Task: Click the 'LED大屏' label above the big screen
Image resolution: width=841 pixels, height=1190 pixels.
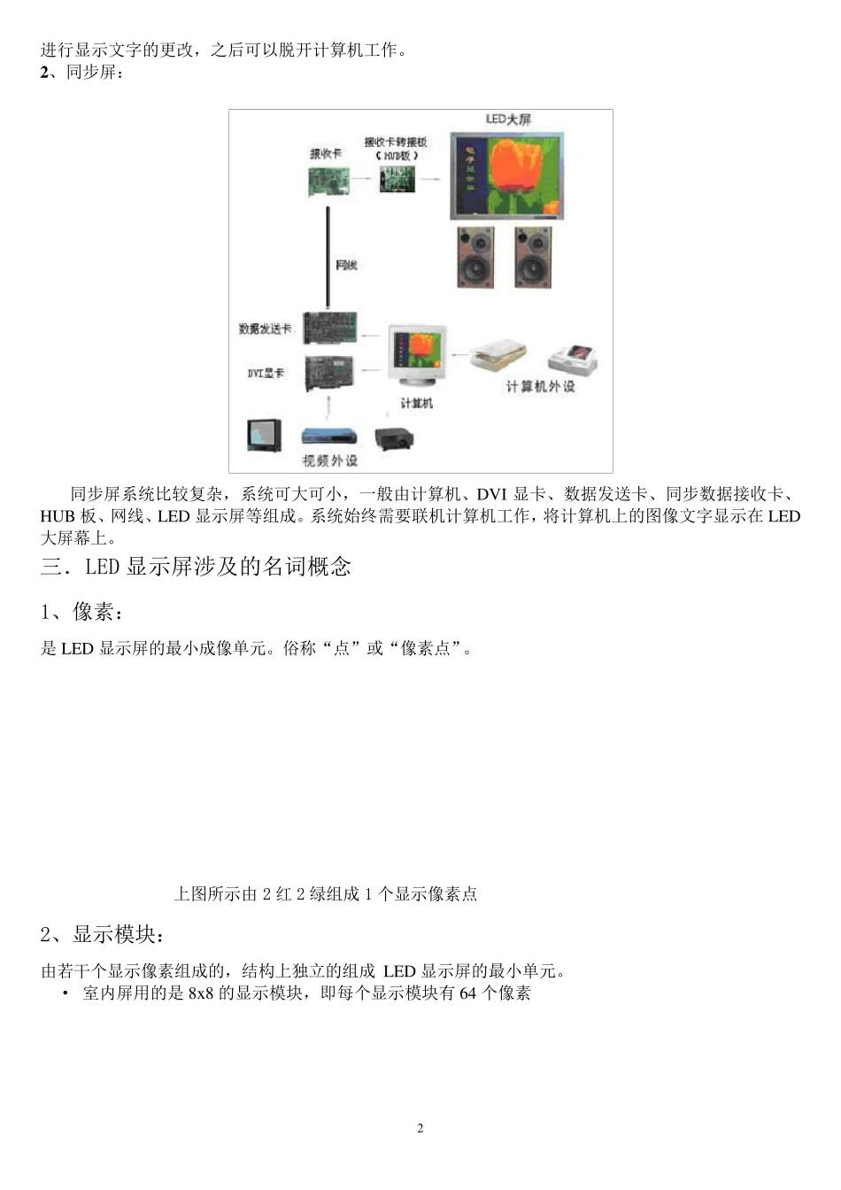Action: point(508,119)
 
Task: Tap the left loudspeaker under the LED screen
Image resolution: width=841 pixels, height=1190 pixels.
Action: point(475,257)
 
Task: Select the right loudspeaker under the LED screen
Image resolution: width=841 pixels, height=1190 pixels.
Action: point(533,257)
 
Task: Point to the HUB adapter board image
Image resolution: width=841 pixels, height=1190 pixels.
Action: point(397,179)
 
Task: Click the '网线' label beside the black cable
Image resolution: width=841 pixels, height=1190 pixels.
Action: point(346,266)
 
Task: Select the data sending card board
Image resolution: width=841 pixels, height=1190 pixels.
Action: point(330,328)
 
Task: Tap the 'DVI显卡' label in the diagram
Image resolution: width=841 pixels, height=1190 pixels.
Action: point(266,374)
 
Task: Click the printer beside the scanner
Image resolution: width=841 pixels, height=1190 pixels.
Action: point(574,357)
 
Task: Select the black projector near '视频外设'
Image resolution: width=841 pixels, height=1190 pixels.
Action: point(395,437)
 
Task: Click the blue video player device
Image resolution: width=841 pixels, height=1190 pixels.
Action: point(330,436)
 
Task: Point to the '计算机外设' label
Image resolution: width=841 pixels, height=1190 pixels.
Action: point(540,387)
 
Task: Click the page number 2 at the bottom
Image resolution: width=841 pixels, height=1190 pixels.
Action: point(420,1128)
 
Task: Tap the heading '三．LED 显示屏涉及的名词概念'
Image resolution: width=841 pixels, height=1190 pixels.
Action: point(196,567)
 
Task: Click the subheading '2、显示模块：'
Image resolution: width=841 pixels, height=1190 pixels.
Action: point(103,934)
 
